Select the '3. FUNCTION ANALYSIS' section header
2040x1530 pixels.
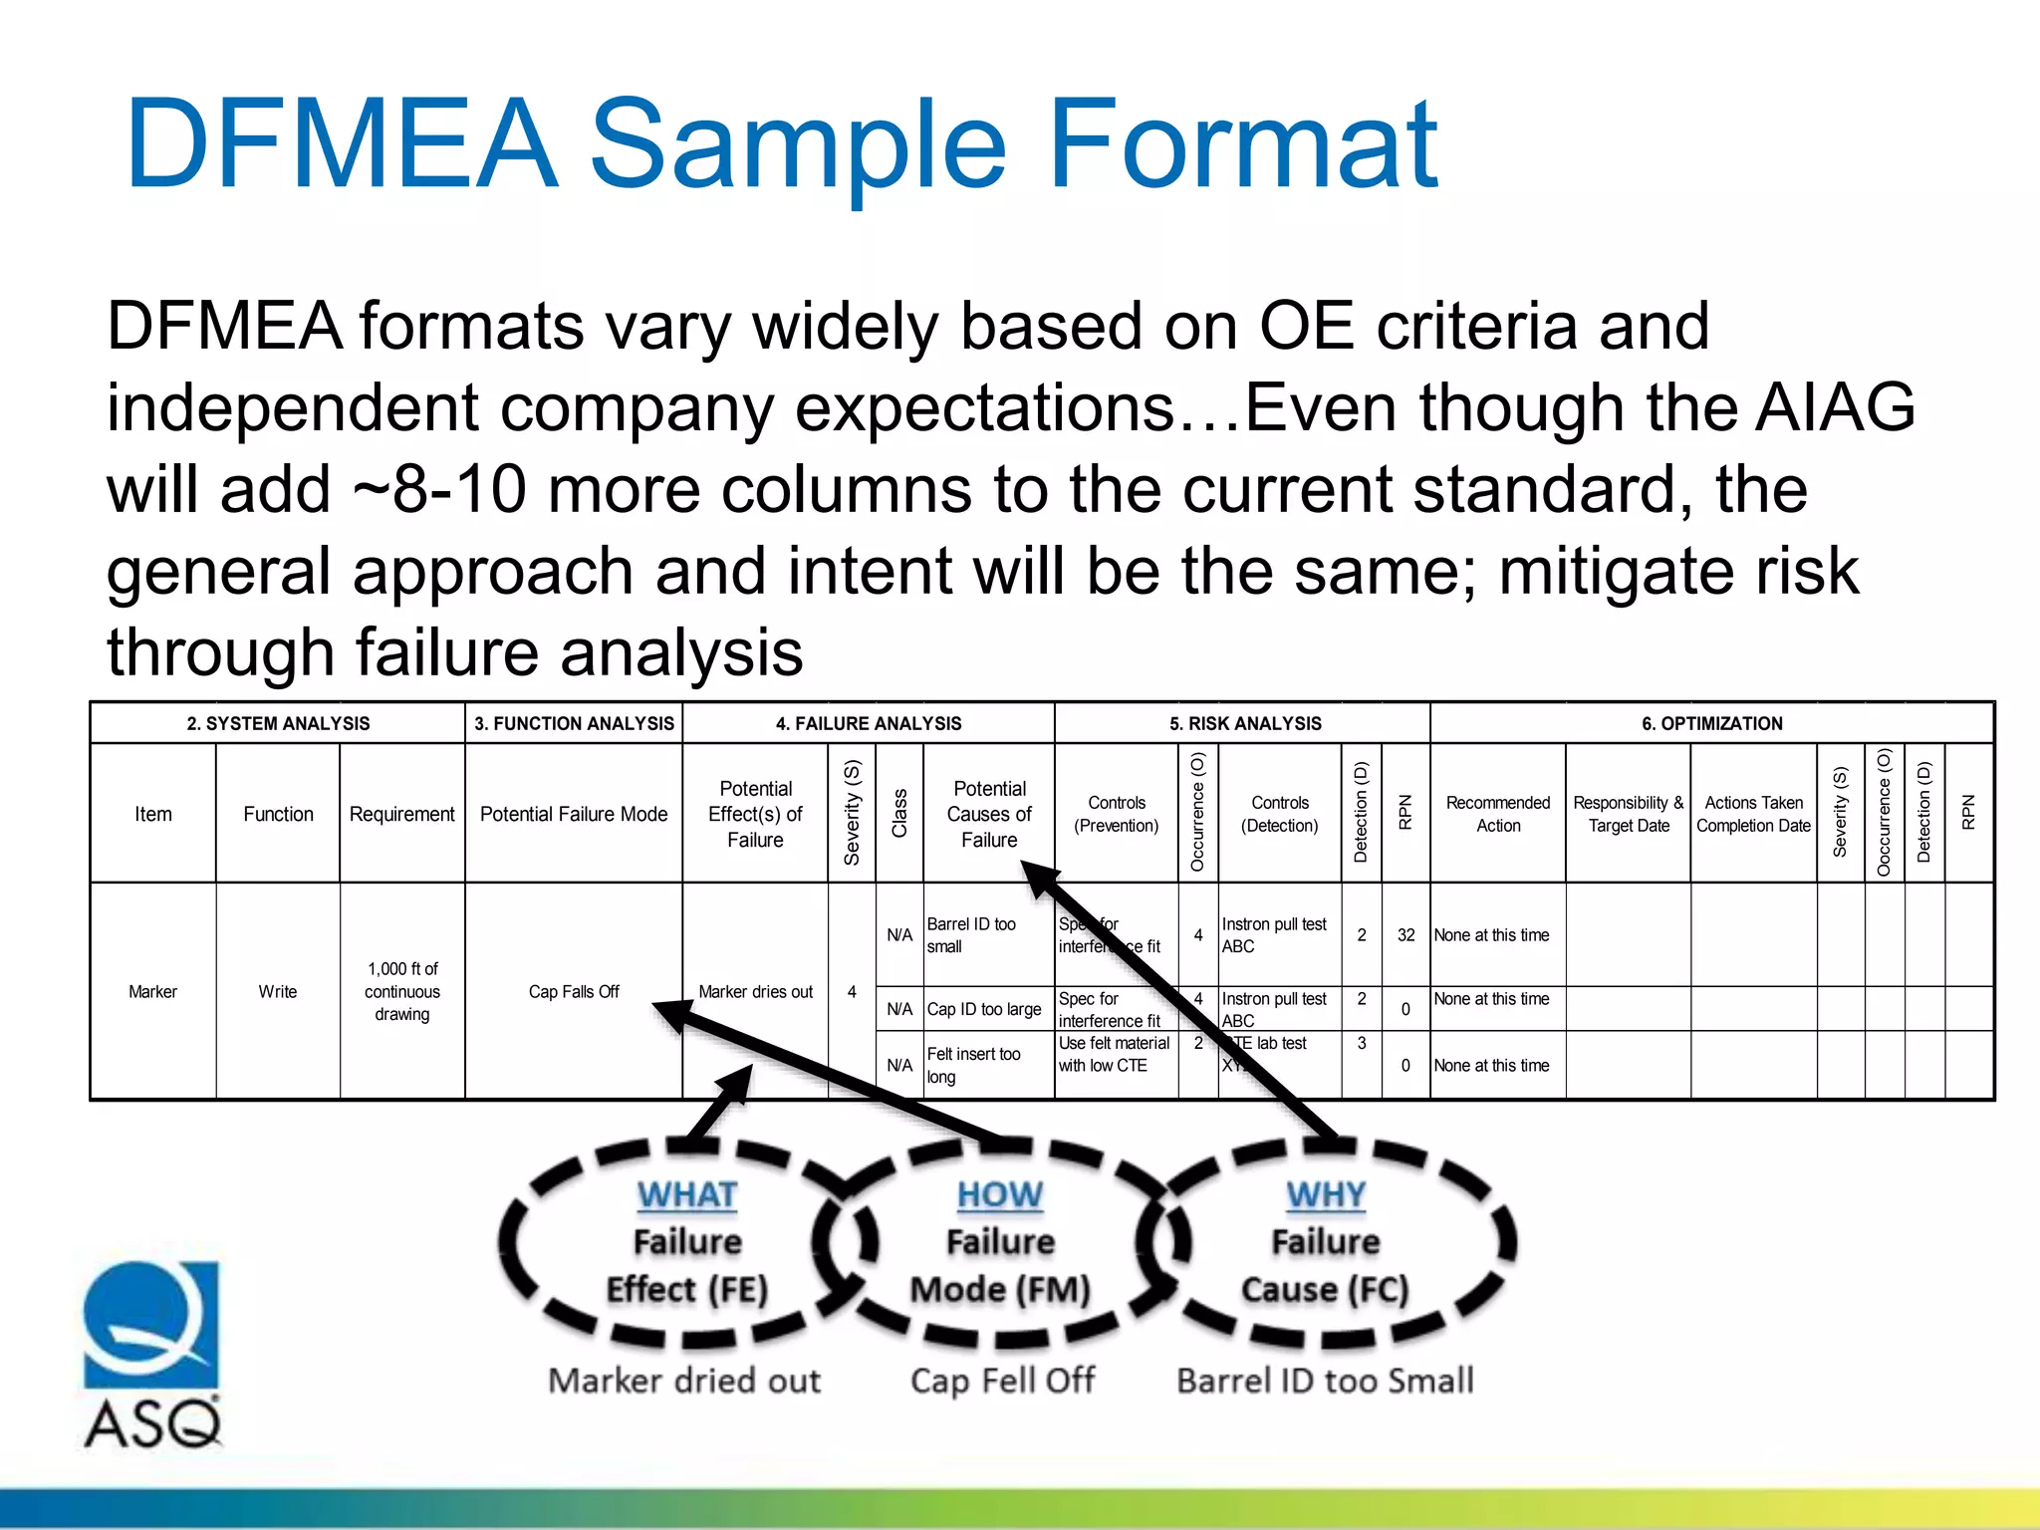pos(574,723)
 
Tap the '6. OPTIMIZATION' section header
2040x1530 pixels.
pos(1711,723)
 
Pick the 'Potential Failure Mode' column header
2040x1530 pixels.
pos(574,814)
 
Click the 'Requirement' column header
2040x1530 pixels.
pos(401,814)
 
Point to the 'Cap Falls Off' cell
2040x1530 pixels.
pos(574,991)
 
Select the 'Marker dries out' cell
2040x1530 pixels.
pos(755,991)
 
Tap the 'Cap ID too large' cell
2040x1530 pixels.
pos(983,1009)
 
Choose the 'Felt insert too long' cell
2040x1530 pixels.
pos(973,1065)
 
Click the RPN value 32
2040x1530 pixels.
pos(1405,934)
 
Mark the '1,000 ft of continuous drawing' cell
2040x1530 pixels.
pos(401,991)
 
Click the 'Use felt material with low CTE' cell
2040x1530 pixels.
pos(1114,1054)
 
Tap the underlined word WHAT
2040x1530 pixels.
pos(687,1194)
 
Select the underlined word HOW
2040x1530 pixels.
pos(1000,1194)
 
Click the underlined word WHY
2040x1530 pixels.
pos(1326,1194)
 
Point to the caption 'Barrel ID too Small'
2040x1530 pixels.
pos(1325,1381)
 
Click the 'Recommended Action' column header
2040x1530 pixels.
pos(1497,814)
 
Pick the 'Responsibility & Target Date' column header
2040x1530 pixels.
pos(1628,814)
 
